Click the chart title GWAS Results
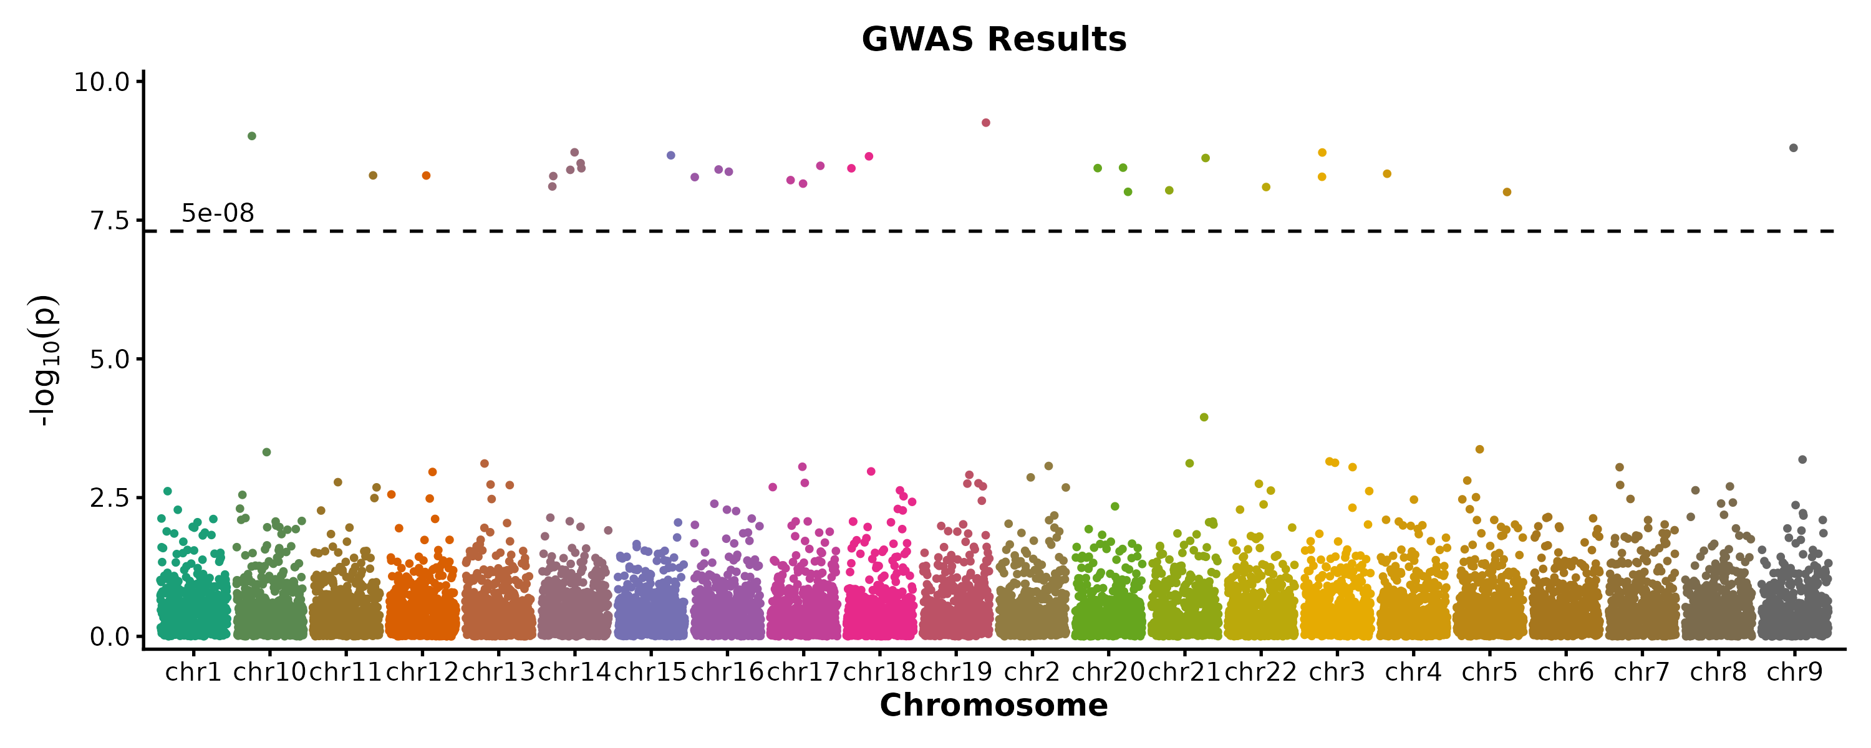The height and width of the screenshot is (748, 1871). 994,39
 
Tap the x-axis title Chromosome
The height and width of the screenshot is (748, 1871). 994,705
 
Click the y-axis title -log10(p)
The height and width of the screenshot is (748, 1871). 43,360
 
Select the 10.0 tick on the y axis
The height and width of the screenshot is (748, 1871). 102,82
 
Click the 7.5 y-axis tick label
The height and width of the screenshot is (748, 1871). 110,221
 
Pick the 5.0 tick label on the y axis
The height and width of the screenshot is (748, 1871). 110,360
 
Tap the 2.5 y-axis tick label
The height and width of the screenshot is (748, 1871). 110,498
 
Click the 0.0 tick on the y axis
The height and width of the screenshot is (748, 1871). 110,637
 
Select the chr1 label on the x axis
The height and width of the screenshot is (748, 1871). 193,673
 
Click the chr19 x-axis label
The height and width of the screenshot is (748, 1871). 956,673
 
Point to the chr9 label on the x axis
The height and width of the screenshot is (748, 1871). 1795,673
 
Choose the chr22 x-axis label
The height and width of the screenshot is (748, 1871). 1261,673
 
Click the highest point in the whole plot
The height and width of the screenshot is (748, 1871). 985,123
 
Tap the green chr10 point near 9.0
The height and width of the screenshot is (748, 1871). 252,136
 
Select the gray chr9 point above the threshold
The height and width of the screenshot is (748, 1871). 1793,148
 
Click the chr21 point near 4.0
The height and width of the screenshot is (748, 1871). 1204,417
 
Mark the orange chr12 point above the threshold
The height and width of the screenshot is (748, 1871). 427,176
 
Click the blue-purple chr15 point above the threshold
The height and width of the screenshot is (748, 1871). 671,155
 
